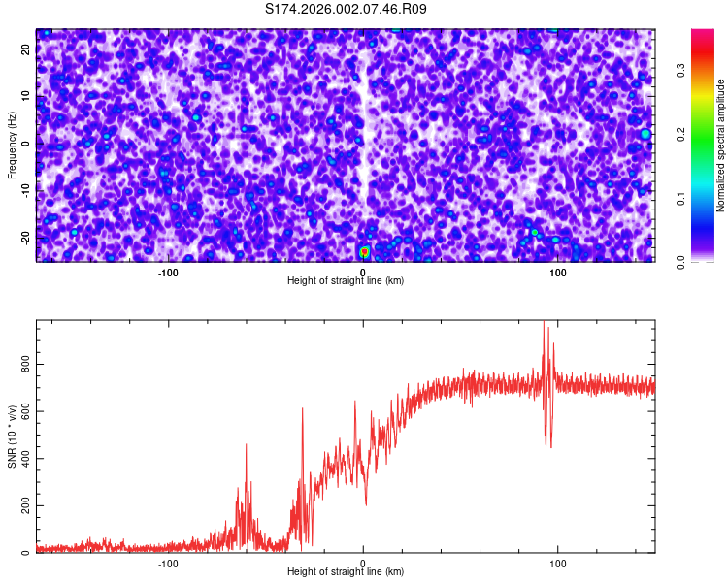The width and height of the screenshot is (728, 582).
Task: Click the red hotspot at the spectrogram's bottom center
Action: tap(365, 252)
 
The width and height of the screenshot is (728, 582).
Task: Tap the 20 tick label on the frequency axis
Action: tap(26, 50)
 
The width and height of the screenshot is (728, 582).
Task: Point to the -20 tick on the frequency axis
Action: tap(26, 238)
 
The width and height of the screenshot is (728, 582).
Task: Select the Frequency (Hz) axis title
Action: tap(12, 145)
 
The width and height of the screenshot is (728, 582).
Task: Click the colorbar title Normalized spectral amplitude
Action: tap(721, 145)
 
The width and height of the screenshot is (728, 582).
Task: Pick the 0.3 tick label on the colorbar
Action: tap(680, 70)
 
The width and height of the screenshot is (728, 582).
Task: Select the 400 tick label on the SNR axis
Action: tap(26, 458)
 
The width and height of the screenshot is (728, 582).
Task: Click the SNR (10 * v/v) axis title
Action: tap(12, 436)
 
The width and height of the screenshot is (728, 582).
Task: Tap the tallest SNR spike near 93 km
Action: tap(544, 323)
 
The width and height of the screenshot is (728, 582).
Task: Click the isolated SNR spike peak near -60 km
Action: tap(247, 445)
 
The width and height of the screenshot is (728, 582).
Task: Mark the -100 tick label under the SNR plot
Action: tap(168, 563)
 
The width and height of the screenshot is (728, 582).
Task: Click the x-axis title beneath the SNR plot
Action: tap(346, 572)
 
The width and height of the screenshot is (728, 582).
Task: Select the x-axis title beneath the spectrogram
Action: tap(346, 281)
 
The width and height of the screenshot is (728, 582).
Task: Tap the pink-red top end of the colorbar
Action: tap(702, 35)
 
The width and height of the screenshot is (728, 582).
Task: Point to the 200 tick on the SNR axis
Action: tap(26, 505)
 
